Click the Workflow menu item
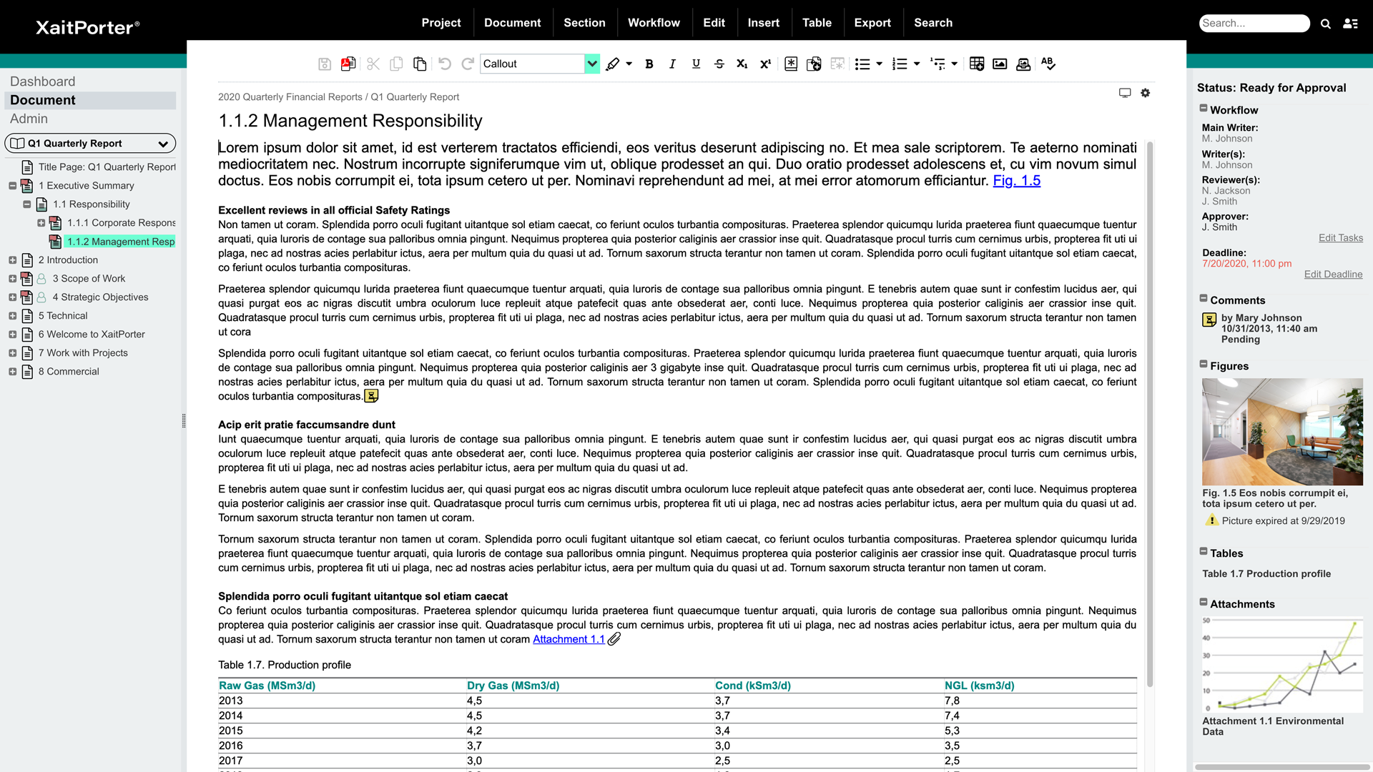pos(654,23)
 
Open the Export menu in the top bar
pos(872,23)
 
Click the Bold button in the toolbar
pos(649,64)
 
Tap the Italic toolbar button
pos(672,64)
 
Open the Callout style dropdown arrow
pos(592,64)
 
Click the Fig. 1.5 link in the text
pos(1016,181)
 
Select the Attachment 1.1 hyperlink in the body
pos(569,640)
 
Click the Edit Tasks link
pos(1340,238)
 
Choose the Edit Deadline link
pos(1333,274)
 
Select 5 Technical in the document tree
pos(63,316)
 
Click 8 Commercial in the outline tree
pos(69,372)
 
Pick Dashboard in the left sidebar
pos(43,81)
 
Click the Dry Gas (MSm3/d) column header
pos(513,686)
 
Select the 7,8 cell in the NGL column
pos(952,701)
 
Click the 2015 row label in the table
pos(231,731)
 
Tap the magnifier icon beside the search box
pos(1325,24)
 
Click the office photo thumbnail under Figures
pos(1281,432)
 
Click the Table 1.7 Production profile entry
pos(1266,574)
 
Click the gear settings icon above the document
pos(1145,93)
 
